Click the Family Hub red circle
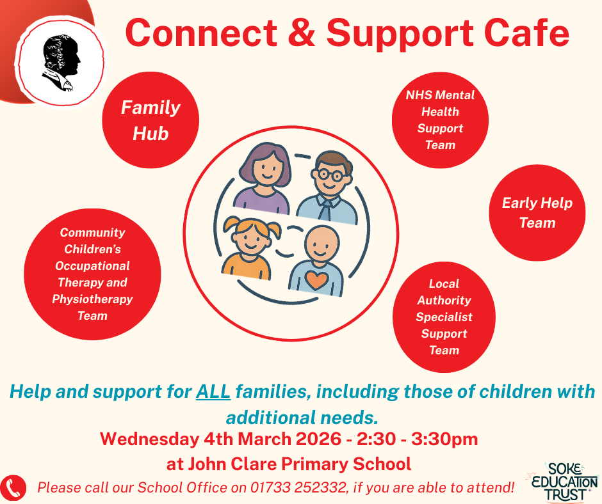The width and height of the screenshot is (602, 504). (x=150, y=120)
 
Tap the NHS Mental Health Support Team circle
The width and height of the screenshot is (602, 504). (x=440, y=120)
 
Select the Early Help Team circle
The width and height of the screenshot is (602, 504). (x=537, y=213)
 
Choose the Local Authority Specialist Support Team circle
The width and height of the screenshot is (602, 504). (x=444, y=317)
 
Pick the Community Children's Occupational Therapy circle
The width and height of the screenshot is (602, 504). (x=92, y=274)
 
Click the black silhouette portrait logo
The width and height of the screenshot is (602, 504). (x=61, y=63)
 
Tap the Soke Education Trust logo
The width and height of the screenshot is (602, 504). (x=563, y=482)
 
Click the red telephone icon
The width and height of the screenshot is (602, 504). (x=13, y=488)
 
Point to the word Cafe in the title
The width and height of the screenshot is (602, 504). (x=526, y=33)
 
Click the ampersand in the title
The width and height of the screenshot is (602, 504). (x=302, y=33)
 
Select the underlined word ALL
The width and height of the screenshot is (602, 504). (x=213, y=391)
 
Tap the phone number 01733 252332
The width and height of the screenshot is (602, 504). (x=298, y=487)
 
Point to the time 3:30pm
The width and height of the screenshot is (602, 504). (x=444, y=439)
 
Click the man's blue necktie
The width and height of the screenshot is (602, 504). (x=324, y=211)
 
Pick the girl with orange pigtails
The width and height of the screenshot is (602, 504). (x=250, y=248)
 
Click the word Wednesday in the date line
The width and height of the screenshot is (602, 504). (x=149, y=439)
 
